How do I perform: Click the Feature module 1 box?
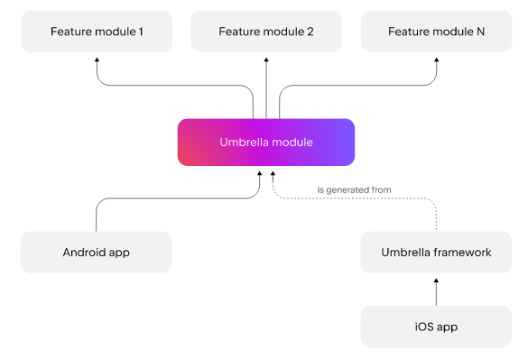pyautogui.click(x=97, y=32)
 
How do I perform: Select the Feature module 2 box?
pyautogui.click(x=266, y=32)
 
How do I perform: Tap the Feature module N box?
pyautogui.click(x=436, y=32)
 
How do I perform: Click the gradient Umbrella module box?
pyautogui.click(x=266, y=143)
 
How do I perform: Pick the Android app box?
pyautogui.click(x=97, y=253)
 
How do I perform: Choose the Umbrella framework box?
pyautogui.click(x=436, y=253)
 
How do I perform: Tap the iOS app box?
pyautogui.click(x=436, y=327)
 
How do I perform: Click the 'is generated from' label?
pyautogui.click(x=354, y=190)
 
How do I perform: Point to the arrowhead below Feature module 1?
pyautogui.click(x=97, y=60)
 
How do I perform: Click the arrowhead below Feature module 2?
pyautogui.click(x=266, y=60)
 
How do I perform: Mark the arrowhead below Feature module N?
pyautogui.click(x=436, y=60)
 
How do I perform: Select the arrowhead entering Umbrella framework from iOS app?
pyautogui.click(x=436, y=281)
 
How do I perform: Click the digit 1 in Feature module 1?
pyautogui.click(x=141, y=32)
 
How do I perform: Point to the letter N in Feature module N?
pyautogui.click(x=479, y=32)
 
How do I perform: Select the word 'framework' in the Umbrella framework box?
pyautogui.click(x=464, y=253)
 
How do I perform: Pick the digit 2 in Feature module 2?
pyautogui.click(x=310, y=32)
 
